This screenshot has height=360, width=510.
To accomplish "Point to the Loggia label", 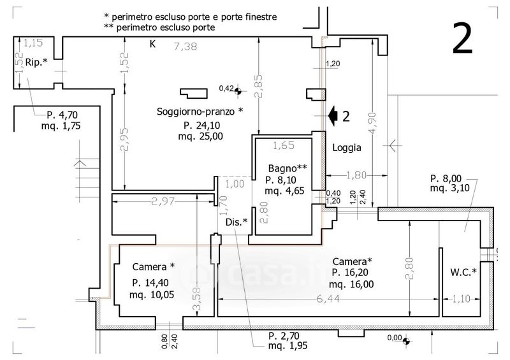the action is (x=347, y=148).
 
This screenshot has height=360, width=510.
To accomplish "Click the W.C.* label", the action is (x=463, y=272).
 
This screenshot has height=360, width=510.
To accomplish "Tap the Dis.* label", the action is (x=237, y=222).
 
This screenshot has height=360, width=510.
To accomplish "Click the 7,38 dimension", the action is (x=186, y=47).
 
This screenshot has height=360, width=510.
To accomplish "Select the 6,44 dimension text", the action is (x=328, y=299).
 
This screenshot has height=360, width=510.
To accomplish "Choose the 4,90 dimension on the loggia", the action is (x=373, y=122).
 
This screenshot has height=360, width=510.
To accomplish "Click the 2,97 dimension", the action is (x=163, y=201).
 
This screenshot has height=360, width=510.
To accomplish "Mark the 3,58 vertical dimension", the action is (x=197, y=299).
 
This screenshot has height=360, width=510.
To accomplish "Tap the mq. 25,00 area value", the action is (x=200, y=136).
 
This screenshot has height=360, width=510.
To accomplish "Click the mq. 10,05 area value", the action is (x=152, y=295).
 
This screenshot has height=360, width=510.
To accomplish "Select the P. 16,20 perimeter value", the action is (x=350, y=273).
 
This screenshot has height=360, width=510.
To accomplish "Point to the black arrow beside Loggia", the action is (x=332, y=116).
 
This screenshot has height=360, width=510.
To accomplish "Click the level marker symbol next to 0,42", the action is (x=238, y=90).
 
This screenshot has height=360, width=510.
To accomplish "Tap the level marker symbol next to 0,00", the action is (x=405, y=341).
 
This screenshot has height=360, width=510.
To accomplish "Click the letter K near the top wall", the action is (x=152, y=44).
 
